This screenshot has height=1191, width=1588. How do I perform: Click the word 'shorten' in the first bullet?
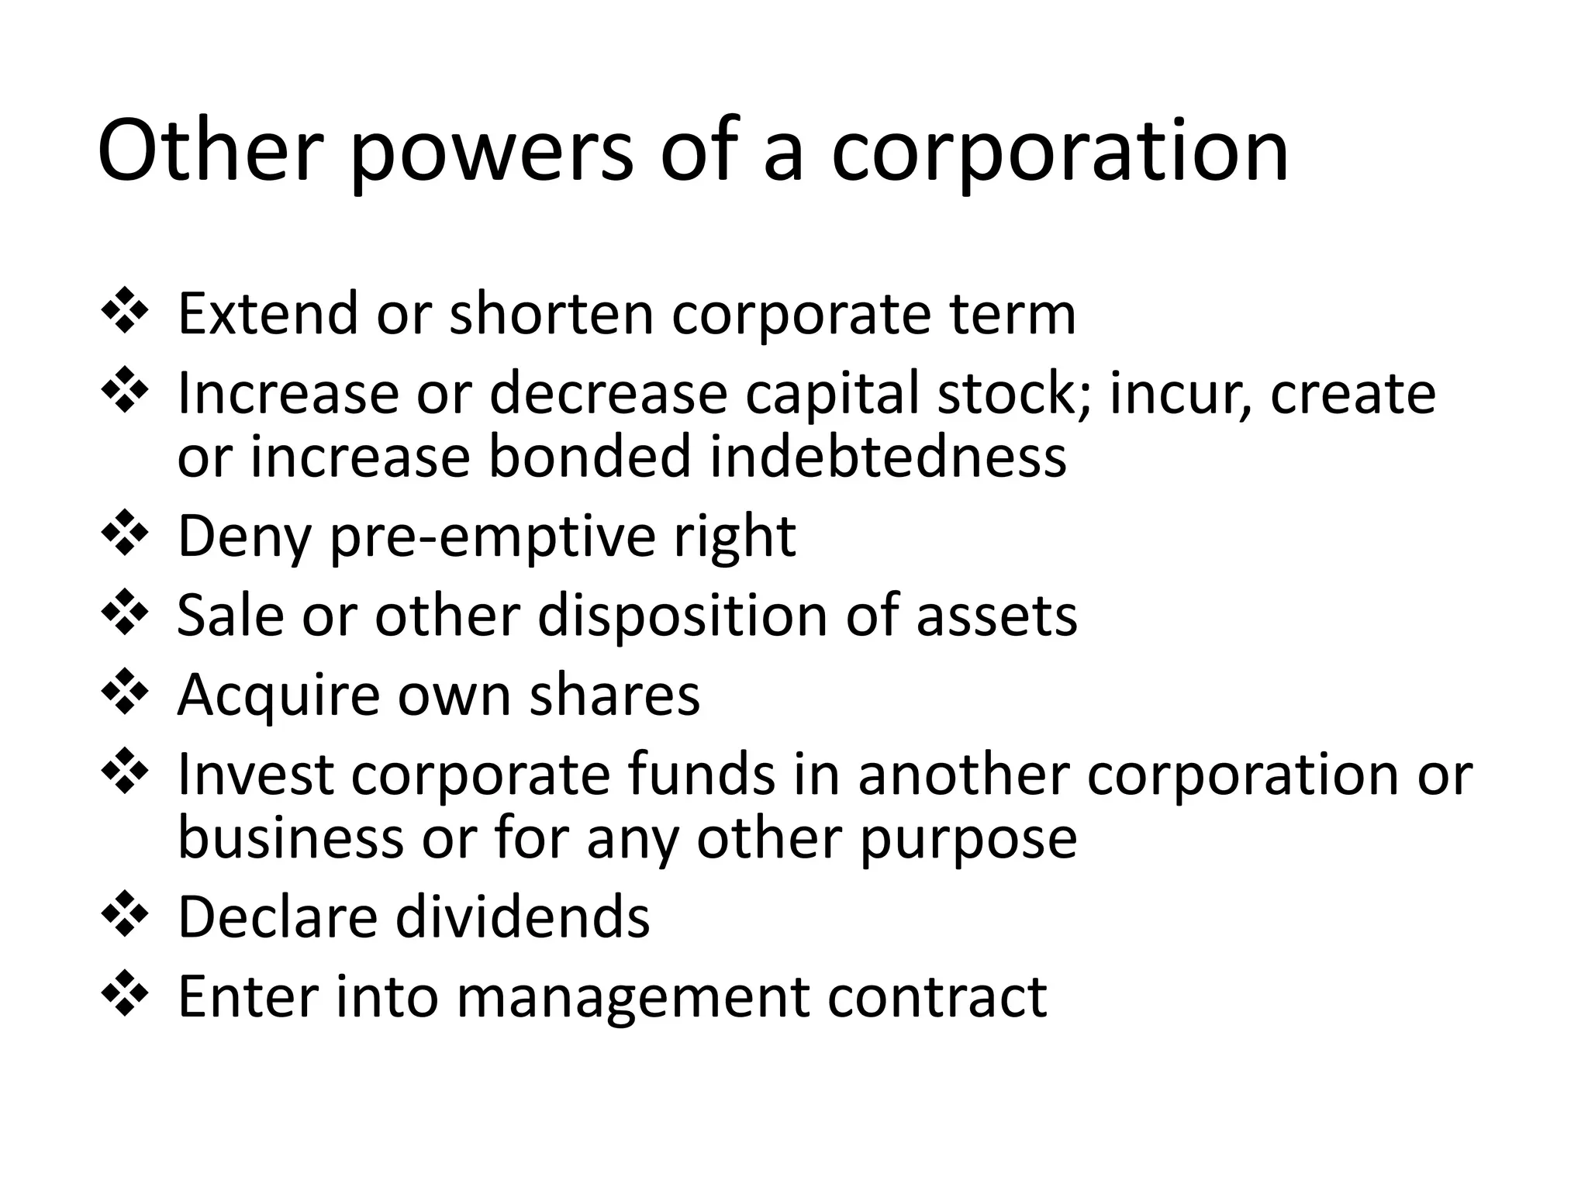pyautogui.click(x=552, y=314)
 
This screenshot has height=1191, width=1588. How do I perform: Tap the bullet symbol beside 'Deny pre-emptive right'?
pyautogui.click(x=124, y=534)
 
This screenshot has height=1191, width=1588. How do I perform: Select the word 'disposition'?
pyautogui.click(x=682, y=616)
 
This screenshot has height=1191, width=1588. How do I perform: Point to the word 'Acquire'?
pyautogui.click(x=279, y=696)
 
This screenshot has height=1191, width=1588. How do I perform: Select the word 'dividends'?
pyautogui.click(x=523, y=917)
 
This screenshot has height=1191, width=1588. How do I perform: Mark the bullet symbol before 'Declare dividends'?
pyautogui.click(x=124, y=915)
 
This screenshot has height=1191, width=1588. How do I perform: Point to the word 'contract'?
pyautogui.click(x=937, y=997)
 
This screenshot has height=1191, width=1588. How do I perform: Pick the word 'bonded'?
pyautogui.click(x=589, y=457)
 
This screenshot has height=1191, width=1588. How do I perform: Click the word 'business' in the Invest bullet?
pyautogui.click(x=291, y=838)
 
